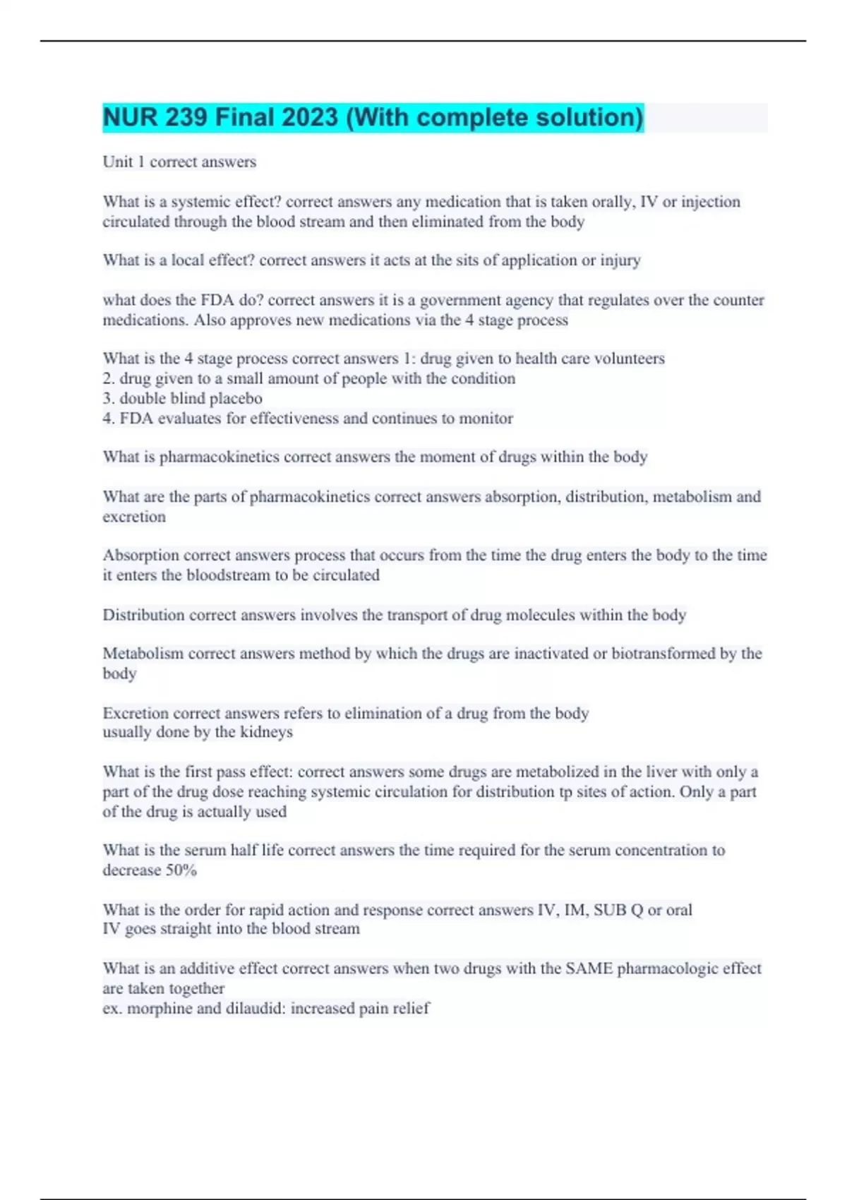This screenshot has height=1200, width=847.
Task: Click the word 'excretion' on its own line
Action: pos(134,517)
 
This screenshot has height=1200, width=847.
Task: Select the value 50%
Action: pos(181,870)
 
